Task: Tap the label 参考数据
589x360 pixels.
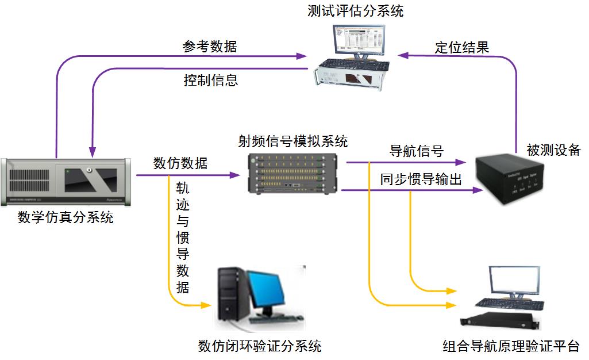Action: click(x=210, y=47)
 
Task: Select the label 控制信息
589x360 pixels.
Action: click(x=211, y=80)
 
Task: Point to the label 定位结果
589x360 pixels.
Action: click(x=461, y=47)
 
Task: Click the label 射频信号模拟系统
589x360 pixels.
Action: click(x=293, y=141)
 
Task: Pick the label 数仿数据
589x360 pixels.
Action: click(x=180, y=163)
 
